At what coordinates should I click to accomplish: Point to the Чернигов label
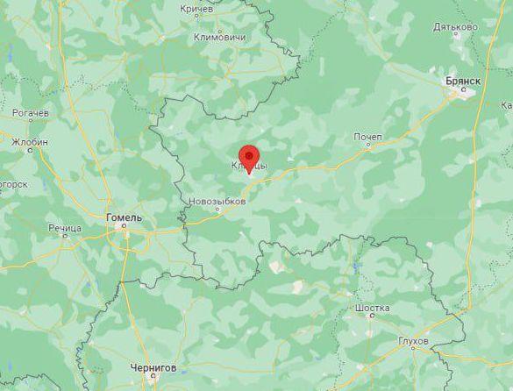(x=153, y=367)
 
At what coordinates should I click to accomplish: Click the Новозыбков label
(x=217, y=202)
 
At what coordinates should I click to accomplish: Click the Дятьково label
(x=456, y=26)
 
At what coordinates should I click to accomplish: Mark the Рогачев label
(x=31, y=114)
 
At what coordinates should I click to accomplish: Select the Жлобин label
(x=30, y=141)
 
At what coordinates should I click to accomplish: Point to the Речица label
(x=65, y=228)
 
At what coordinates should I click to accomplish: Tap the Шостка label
(x=374, y=309)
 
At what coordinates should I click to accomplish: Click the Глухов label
(x=413, y=339)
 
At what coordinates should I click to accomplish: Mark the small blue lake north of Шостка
(x=357, y=265)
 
